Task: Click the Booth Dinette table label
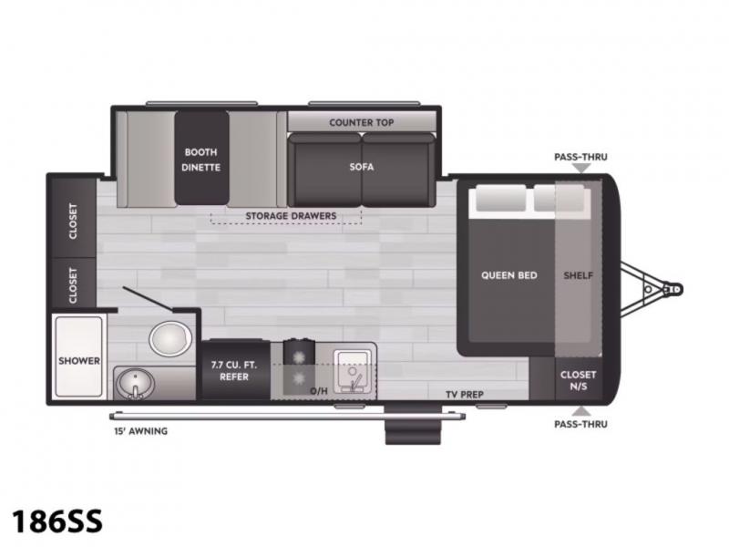pos(200,160)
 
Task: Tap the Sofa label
pos(362,167)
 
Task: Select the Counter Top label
pos(361,123)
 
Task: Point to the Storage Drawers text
pos(291,216)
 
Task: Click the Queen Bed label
pos(509,275)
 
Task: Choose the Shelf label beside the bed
pos(578,275)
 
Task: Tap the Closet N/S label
pos(578,380)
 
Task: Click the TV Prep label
pos(465,395)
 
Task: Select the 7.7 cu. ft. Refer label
pos(234,371)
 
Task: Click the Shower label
pos(79,361)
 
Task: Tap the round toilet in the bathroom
pos(170,338)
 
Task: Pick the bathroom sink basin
pos(135,384)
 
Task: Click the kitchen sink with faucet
pos(353,371)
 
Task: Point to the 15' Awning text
pos(141,431)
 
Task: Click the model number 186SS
pos(56,521)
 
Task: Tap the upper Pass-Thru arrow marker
pos(581,168)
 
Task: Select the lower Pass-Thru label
pos(580,424)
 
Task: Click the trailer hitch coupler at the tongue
pos(673,289)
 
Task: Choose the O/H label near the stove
pos(318,391)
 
